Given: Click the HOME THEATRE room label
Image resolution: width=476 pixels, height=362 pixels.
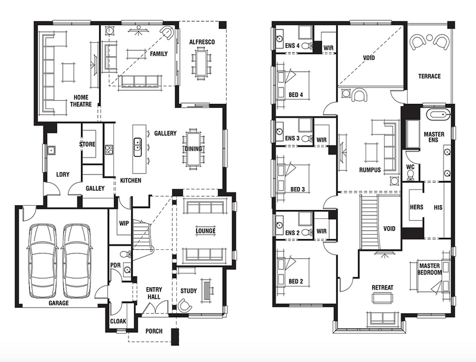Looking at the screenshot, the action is [81, 101].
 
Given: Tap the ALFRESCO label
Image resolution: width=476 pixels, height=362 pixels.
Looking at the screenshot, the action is [202, 42].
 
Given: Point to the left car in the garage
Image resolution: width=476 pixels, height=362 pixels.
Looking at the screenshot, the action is [42, 261].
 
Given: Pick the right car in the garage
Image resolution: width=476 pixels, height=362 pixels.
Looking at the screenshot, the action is [77, 261].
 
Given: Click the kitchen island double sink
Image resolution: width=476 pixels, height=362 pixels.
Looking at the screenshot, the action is [138, 147].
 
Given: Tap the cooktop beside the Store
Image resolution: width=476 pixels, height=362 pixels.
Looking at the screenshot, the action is [109, 150].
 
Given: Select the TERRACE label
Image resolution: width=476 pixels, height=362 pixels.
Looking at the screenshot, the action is [430, 76].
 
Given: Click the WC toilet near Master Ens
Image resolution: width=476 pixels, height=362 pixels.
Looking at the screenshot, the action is [410, 176].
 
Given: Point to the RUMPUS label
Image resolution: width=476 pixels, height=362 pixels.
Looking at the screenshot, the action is [370, 170].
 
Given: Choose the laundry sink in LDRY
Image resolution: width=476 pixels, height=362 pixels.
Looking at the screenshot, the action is [51, 150].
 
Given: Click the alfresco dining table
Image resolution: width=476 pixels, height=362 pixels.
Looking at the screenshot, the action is [201, 64].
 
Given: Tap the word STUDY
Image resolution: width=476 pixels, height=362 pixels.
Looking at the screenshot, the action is [188, 291].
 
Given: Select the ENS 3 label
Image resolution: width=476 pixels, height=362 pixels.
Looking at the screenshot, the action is [293, 138].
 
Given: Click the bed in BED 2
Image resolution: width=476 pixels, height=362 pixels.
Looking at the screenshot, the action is [293, 272].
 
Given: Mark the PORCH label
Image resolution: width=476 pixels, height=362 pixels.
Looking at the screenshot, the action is [154, 331].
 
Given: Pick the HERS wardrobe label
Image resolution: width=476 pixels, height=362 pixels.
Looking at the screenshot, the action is [416, 207].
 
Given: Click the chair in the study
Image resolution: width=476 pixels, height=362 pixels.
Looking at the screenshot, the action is [184, 305].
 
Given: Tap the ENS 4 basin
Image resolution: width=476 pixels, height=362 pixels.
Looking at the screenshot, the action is [279, 39].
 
